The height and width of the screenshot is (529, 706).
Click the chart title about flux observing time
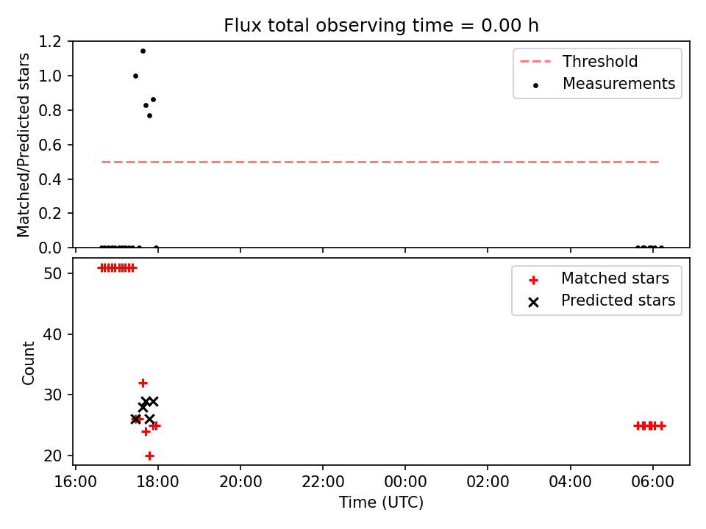point(381,26)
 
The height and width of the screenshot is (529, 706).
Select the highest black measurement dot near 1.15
point(143,51)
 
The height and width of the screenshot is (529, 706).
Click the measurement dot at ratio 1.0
point(135,76)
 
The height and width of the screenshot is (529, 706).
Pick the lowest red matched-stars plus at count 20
point(149,456)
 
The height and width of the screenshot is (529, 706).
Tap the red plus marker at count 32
point(143,384)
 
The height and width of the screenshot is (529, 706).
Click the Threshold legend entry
point(579,61)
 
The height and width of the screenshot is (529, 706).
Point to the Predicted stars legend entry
point(602,301)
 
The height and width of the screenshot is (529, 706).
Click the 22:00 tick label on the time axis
point(323,482)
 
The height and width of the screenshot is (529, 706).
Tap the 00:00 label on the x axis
point(405,482)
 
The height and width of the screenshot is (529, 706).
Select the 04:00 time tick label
point(571,482)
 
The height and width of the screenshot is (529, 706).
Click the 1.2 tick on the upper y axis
point(50,42)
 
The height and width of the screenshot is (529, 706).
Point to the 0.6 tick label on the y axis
point(50,145)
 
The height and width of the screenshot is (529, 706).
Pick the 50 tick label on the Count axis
point(52,273)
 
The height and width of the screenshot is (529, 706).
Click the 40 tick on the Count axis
point(52,334)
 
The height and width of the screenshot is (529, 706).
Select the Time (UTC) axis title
point(381,502)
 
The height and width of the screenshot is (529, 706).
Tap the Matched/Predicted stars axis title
point(23,145)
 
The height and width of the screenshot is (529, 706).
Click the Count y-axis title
point(28,363)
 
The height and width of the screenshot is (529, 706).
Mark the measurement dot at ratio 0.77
point(149,115)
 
